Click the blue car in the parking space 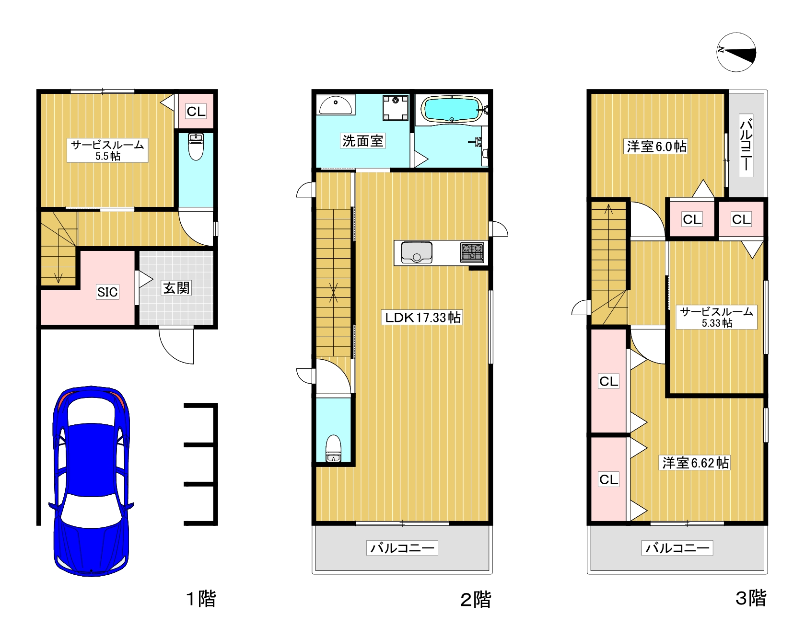pyautogui.click(x=91, y=481)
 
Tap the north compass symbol pyautogui.click(x=736, y=52)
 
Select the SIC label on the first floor pyautogui.click(x=107, y=292)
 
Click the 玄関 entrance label pyautogui.click(x=176, y=288)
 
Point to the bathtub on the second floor pyautogui.click(x=452, y=109)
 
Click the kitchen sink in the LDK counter pyautogui.click(x=417, y=252)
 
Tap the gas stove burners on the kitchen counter pyautogui.click(x=472, y=252)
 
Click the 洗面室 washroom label pyautogui.click(x=362, y=141)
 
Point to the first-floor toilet pyautogui.click(x=196, y=146)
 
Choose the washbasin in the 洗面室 pyautogui.click(x=336, y=104)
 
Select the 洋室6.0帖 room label pyautogui.click(x=656, y=146)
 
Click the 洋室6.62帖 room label pyautogui.click(x=695, y=463)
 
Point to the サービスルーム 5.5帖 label pyautogui.click(x=107, y=150)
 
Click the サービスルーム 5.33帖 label pyautogui.click(x=717, y=317)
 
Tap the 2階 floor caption pyautogui.click(x=476, y=599)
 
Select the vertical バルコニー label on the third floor pyautogui.click(x=746, y=145)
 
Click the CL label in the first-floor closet pyautogui.click(x=196, y=111)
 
